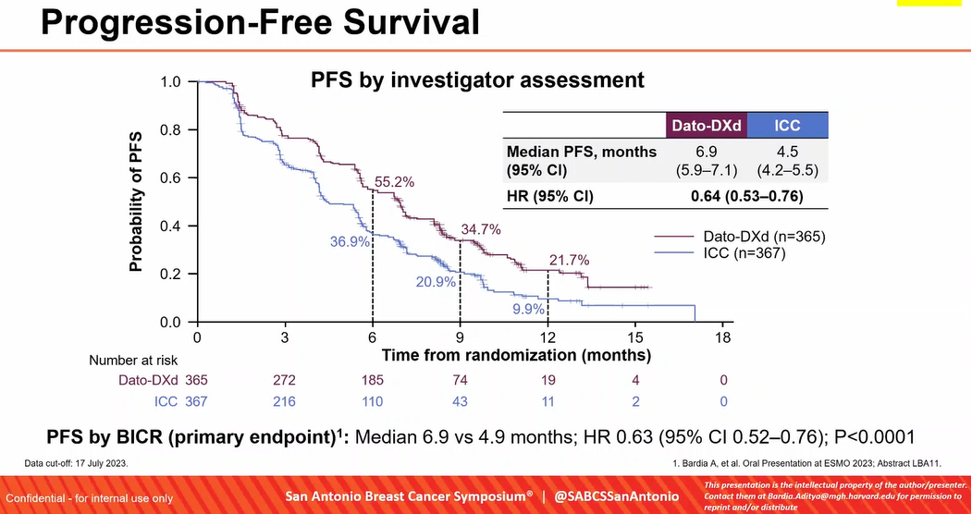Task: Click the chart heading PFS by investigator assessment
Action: [x=476, y=80]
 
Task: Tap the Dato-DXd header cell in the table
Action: [x=707, y=126]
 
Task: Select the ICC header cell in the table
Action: [x=787, y=126]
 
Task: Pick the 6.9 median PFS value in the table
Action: [x=707, y=151]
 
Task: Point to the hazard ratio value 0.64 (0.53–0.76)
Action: [x=746, y=196]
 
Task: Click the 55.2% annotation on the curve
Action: [x=394, y=182]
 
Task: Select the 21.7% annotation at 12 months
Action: [x=569, y=261]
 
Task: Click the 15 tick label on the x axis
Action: [x=635, y=337]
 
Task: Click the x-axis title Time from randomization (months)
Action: [x=516, y=355]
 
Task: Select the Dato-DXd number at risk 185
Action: [x=372, y=380]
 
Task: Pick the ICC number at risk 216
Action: [x=284, y=401]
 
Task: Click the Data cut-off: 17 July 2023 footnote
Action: [x=89, y=459]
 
